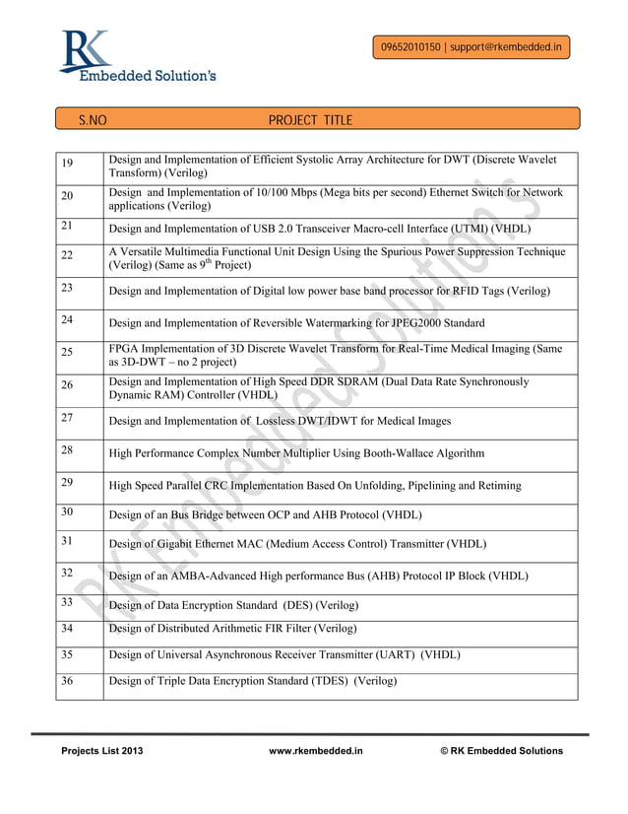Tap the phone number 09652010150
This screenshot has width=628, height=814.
point(410,46)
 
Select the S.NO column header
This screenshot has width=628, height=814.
point(93,120)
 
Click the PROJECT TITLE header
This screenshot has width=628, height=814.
point(310,120)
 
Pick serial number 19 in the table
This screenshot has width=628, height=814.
point(67,164)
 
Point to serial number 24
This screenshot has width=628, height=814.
point(67,319)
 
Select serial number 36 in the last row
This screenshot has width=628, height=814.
point(67,680)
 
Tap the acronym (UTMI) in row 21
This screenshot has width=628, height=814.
point(462,228)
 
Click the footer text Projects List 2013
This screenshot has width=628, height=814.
point(102,751)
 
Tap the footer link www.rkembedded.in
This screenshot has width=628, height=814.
point(315,751)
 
